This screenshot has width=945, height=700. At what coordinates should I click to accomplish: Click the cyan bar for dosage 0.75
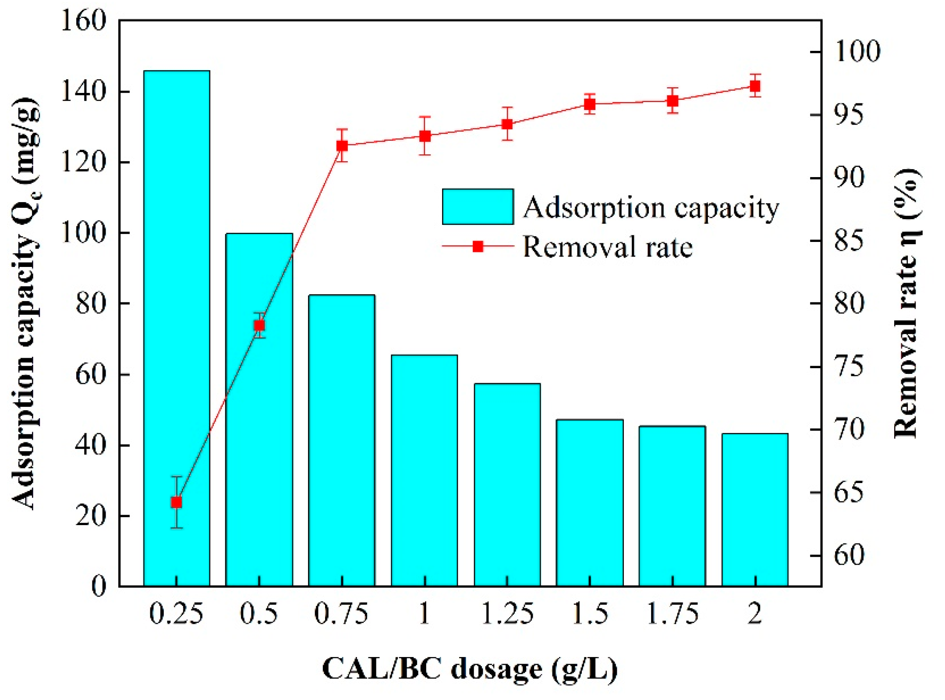coord(341,438)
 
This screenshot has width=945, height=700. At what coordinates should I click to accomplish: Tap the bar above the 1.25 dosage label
coord(507,482)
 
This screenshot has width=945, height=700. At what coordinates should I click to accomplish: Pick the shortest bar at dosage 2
coord(754,508)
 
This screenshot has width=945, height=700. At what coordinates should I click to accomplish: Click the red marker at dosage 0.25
coord(177,502)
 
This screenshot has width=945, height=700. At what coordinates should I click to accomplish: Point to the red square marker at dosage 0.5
coord(259,325)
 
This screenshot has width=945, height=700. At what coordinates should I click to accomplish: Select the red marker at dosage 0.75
coord(342,146)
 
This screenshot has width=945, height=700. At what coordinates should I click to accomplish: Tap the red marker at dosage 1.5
coord(590,104)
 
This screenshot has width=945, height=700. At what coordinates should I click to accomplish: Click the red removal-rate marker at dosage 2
coord(754,86)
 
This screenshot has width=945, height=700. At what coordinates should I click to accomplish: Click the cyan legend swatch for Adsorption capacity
coord(478,206)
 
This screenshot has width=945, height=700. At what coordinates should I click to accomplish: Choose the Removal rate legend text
coord(607,247)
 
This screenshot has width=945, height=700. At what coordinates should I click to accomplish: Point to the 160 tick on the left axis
coord(83,21)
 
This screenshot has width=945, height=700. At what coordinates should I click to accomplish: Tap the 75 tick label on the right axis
coord(849,366)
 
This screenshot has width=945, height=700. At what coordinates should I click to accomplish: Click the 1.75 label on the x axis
coord(672,614)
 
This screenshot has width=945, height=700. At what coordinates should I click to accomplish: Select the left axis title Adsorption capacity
coord(25,302)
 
